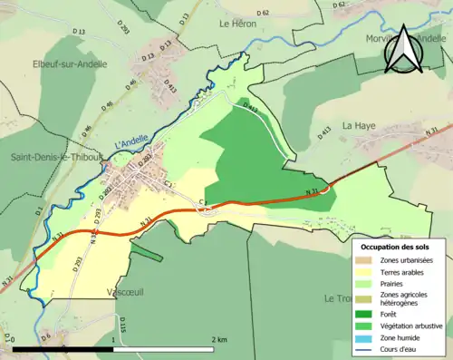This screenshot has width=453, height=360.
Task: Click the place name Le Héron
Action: pyautogui.click(x=240, y=24)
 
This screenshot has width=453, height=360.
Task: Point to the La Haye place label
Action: pyautogui.click(x=358, y=126)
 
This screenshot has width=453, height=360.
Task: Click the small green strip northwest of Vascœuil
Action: pyautogui.click(x=146, y=251)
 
